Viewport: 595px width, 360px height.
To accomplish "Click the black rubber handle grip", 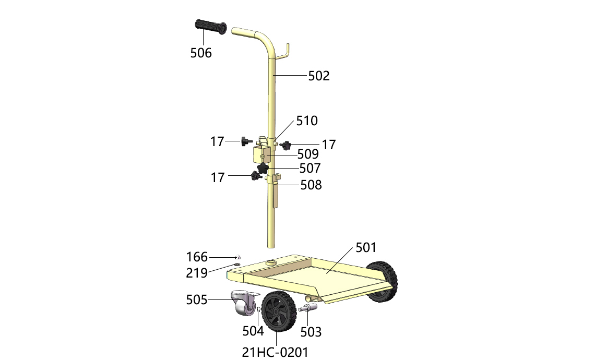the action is pos(211,27).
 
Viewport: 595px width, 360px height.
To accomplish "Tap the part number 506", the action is pos(201,53).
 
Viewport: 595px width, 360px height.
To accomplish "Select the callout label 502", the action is pos(319,76).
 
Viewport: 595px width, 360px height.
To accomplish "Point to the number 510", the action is pos(306,121).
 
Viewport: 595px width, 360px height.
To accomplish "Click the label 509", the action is pos(308,154).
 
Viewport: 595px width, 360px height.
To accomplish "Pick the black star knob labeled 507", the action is pos(263,167).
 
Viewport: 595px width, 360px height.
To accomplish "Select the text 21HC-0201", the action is pos(275,352).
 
